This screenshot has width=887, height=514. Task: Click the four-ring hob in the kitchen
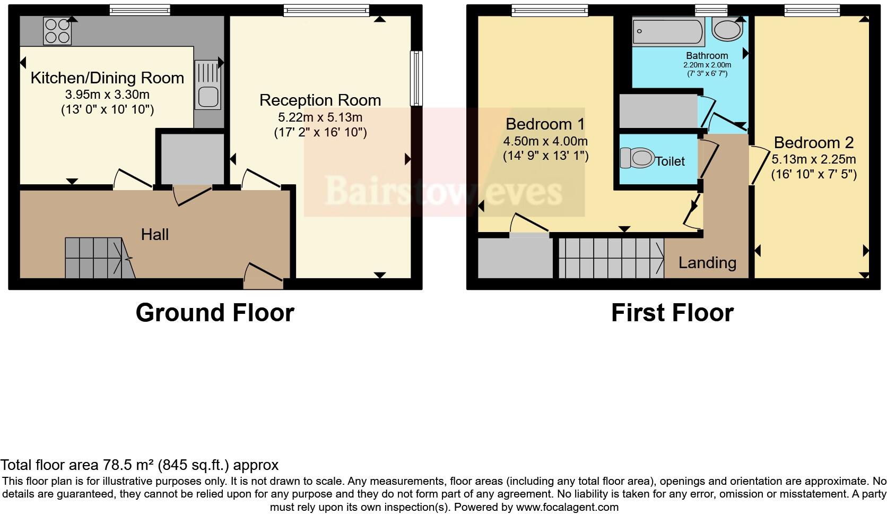tap(58, 31)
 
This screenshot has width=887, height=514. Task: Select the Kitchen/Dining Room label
tap(107, 78)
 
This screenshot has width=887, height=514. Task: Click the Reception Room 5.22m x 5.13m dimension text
tap(320, 117)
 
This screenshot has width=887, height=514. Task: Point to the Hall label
tap(154, 234)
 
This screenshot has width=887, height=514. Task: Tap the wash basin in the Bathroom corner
tap(727, 29)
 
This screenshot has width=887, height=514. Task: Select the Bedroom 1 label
tap(545, 124)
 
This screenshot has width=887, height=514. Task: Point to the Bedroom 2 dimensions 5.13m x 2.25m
tap(813, 159)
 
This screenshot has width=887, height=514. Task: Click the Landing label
tap(707, 263)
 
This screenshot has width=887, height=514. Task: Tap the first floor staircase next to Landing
tap(610, 258)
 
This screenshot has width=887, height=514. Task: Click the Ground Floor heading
tap(215, 313)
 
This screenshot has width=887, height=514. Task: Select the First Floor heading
tap(672, 313)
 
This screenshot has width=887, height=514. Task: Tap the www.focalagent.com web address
tap(567, 507)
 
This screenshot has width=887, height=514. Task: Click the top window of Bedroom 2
tap(812, 8)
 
